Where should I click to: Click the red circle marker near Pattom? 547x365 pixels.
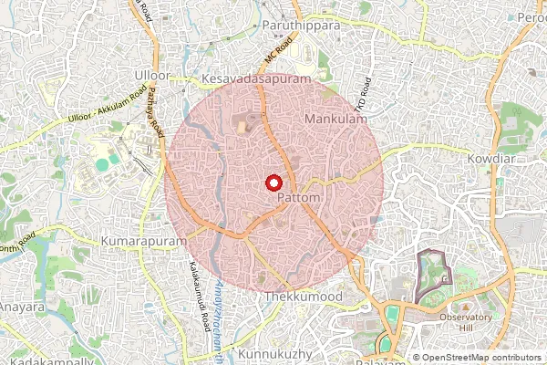point(273,182)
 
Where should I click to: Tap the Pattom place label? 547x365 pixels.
point(297,198)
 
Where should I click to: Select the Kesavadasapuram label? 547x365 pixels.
point(257,79)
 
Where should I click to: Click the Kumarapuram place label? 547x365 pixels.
point(145,240)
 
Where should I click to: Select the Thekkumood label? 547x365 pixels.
point(303,297)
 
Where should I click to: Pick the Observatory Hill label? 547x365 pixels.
point(466,323)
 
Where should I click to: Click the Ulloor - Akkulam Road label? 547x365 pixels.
point(108,107)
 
